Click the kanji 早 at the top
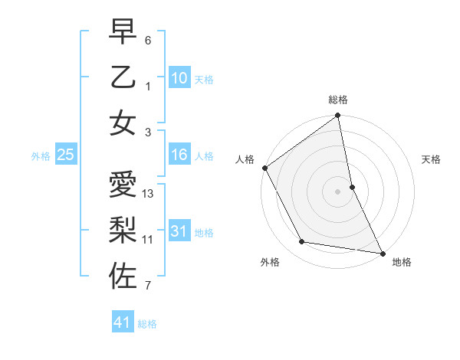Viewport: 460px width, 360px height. point(123,33)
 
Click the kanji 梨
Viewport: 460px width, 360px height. point(123,230)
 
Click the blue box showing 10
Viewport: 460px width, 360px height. point(179,77)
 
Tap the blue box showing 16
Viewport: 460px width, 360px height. point(179,155)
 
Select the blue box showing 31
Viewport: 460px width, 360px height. point(179,231)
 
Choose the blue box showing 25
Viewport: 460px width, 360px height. point(66,155)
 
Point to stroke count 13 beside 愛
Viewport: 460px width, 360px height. point(149,194)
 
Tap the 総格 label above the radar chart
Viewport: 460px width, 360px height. point(338,100)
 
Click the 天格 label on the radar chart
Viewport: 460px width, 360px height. point(431,159)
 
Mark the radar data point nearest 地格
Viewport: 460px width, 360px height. point(382,252)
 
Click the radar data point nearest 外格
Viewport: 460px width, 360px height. point(302,242)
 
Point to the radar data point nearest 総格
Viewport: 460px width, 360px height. point(338,117)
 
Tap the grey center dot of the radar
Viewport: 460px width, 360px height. point(338,191)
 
